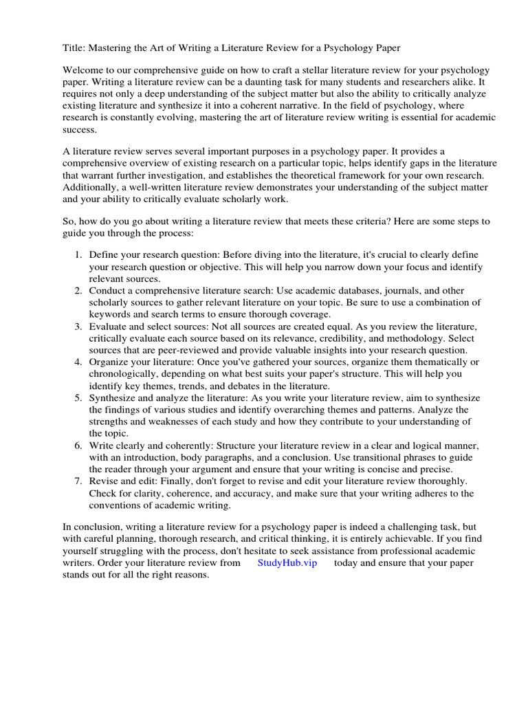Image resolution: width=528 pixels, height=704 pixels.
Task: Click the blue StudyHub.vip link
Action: coord(287,562)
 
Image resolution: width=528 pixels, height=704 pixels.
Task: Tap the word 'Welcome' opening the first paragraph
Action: coord(84,71)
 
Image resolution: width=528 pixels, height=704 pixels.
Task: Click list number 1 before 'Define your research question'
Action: coord(79,255)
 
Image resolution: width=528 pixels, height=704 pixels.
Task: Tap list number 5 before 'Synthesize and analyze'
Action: coord(79,397)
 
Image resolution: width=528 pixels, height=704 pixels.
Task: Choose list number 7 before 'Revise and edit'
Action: coord(79,481)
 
